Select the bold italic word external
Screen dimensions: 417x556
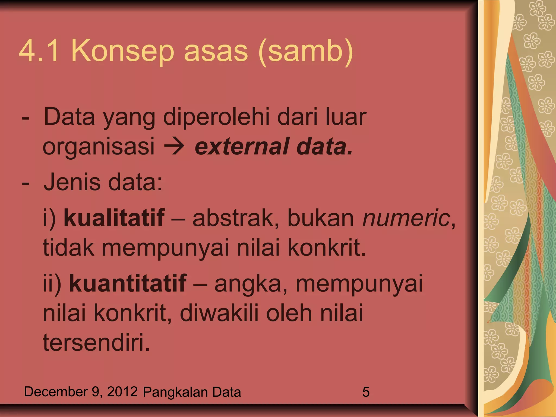pyautogui.click(x=242, y=147)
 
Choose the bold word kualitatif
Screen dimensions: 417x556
pyautogui.click(x=114, y=218)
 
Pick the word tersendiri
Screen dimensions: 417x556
pyautogui.click(x=96, y=343)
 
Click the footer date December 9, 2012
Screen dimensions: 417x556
pyautogui.click(x=81, y=392)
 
